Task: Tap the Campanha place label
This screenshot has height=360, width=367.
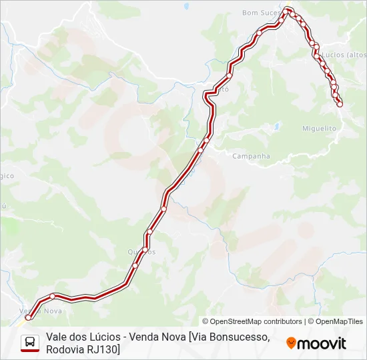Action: click(x=251, y=156)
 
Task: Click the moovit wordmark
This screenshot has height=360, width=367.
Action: click(x=322, y=343)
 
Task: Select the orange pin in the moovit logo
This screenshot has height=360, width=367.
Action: click(x=291, y=343)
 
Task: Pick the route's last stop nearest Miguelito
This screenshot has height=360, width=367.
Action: click(x=340, y=104)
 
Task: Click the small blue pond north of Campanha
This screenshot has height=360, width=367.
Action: click(x=275, y=125)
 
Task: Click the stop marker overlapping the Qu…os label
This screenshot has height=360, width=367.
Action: click(x=144, y=250)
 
